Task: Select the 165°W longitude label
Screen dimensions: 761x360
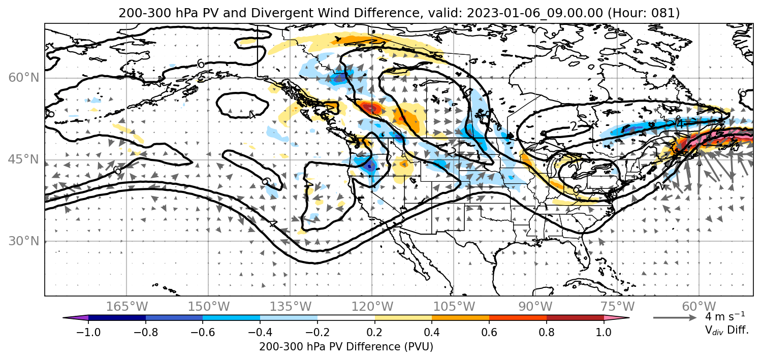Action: [127, 307]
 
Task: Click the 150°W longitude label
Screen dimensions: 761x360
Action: [209, 307]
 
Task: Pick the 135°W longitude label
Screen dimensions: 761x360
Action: [291, 307]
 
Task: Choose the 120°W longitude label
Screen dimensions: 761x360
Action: [372, 307]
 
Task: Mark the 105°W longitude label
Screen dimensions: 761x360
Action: [454, 307]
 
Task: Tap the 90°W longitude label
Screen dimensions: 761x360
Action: [535, 307]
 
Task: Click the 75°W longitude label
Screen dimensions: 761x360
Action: [617, 307]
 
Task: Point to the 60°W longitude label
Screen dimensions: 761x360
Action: [699, 307]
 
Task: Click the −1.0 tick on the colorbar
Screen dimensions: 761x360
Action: [88, 332]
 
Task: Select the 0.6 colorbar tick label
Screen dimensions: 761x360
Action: [489, 332]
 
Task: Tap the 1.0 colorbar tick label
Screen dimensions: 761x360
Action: [604, 332]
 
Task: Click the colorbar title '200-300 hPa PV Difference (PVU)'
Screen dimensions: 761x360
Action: [346, 347]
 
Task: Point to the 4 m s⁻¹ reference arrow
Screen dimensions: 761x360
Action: [675, 318]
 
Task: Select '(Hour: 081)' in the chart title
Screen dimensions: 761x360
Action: [644, 13]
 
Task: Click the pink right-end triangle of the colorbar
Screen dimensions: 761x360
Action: [616, 318]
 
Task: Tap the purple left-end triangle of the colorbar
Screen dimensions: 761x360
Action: [76, 318]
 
